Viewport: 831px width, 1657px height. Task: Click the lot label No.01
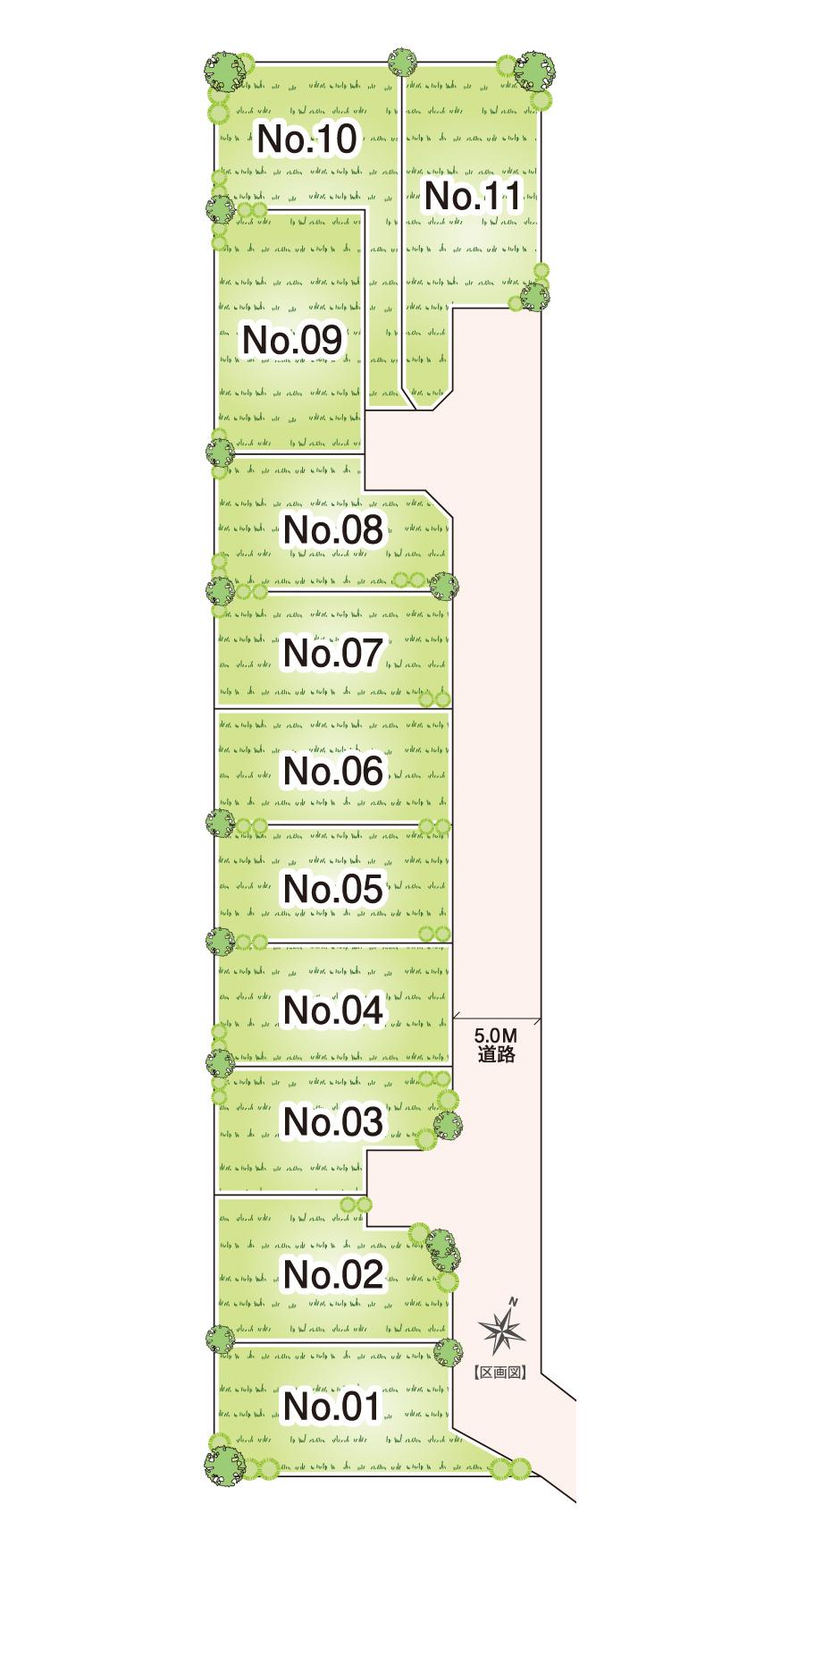click(332, 1408)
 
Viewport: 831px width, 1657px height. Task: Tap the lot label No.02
click(332, 1274)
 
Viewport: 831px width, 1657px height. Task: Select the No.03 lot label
click(332, 1121)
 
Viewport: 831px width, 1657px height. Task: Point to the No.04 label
click(332, 1010)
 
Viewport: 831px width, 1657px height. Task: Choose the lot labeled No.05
click(332, 889)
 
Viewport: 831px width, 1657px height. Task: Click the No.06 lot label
click(332, 771)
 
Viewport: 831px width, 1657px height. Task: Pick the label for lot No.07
click(332, 653)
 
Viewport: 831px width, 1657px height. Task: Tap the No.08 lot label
click(332, 530)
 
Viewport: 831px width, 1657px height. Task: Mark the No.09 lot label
click(292, 341)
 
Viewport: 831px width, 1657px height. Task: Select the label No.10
click(306, 139)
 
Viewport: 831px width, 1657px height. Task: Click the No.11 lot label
click(471, 196)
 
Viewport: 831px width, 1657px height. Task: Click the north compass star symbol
click(503, 1330)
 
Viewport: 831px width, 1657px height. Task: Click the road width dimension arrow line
click(497, 1018)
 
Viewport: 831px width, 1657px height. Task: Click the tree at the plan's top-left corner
click(222, 70)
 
